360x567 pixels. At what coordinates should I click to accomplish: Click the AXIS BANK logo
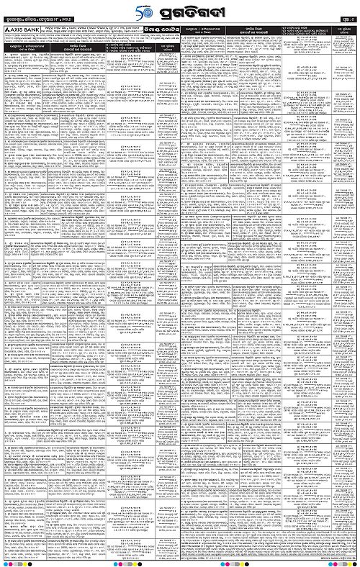pyautogui.click(x=24, y=32)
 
